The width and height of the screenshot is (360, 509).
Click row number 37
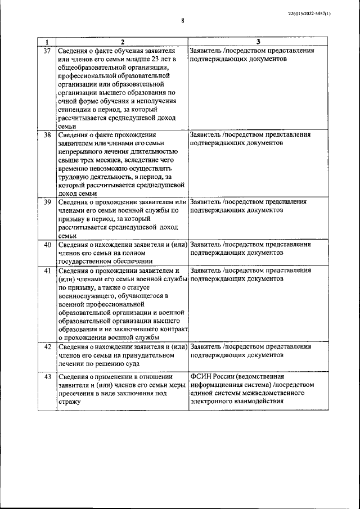(x=47, y=51)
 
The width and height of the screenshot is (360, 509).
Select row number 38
(x=47, y=135)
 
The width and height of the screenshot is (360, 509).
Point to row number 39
(x=47, y=201)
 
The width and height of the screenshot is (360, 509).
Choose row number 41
(x=47, y=270)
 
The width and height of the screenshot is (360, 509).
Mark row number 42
(x=47, y=346)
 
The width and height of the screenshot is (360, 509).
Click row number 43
(x=47, y=376)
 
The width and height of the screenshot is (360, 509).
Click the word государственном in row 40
(x=90, y=261)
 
